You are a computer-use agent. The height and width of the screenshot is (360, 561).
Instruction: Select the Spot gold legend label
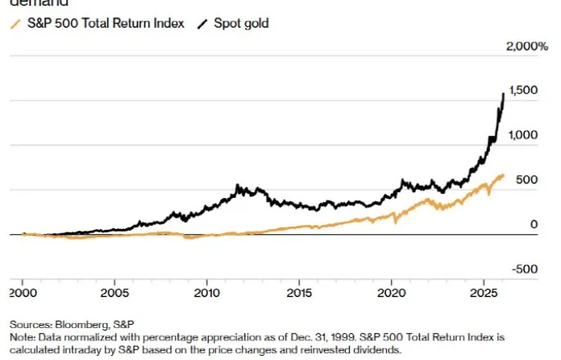pyautogui.click(x=240, y=23)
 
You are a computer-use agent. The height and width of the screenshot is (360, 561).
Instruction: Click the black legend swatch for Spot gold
pyautogui.click(x=201, y=23)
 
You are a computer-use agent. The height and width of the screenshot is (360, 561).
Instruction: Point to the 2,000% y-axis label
pyautogui.click(x=526, y=47)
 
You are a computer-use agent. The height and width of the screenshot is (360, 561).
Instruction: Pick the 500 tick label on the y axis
pyautogui.click(x=527, y=179)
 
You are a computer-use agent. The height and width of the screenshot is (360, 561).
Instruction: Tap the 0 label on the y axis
pyautogui.click(x=533, y=224)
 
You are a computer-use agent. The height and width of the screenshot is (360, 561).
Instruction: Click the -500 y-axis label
pyautogui.click(x=526, y=268)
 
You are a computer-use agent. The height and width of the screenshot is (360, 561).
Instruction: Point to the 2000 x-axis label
pyautogui.click(x=23, y=292)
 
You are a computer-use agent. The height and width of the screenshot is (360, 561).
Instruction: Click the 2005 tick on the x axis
pyautogui.click(x=114, y=292)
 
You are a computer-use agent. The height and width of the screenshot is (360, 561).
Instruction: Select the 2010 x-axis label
pyautogui.click(x=207, y=292)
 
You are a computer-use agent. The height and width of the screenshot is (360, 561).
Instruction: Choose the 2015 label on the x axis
pyautogui.click(x=299, y=292)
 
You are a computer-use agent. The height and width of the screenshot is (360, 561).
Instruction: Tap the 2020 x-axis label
pyautogui.click(x=392, y=292)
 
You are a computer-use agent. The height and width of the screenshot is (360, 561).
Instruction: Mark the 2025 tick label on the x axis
pyautogui.click(x=484, y=292)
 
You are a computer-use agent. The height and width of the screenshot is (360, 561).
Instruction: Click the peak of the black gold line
pyautogui.click(x=502, y=94)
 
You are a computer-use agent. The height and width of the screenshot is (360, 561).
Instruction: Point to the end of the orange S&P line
pyautogui.click(x=504, y=175)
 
